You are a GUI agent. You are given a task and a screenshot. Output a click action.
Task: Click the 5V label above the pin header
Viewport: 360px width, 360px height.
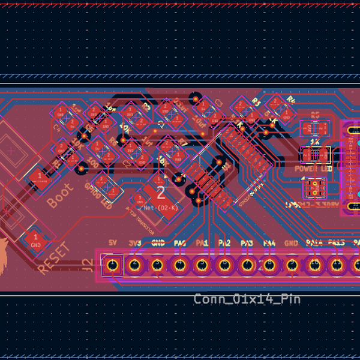tap(112, 243)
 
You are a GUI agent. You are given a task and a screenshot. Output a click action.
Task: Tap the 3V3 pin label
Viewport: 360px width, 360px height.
tap(134, 243)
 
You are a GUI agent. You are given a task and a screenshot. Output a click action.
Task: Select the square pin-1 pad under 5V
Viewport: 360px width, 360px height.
tap(111, 265)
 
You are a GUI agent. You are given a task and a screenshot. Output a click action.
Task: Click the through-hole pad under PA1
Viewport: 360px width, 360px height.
tap(202, 265)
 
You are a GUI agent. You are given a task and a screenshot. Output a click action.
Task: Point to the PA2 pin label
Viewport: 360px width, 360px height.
tap(224, 243)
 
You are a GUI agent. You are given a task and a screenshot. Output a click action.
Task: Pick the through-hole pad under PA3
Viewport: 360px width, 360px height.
tap(247, 265)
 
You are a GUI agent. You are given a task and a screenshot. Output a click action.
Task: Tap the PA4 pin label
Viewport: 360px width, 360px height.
tap(269, 243)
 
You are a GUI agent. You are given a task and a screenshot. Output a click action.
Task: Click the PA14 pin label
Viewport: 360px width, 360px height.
tap(314, 243)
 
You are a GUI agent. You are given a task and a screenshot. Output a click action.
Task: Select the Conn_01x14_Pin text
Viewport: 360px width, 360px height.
tap(246, 299)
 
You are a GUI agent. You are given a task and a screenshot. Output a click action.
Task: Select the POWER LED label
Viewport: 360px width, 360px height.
tap(313, 169)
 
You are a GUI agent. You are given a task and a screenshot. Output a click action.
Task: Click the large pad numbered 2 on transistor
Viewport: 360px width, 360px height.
tap(161, 193)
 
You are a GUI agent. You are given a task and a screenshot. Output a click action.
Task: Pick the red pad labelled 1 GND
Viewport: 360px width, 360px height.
tap(35, 239)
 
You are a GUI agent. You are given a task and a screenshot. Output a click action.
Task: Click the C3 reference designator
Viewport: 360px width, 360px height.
tap(218, 103)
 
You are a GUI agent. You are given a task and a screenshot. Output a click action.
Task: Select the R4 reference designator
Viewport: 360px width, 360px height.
tap(291, 99)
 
